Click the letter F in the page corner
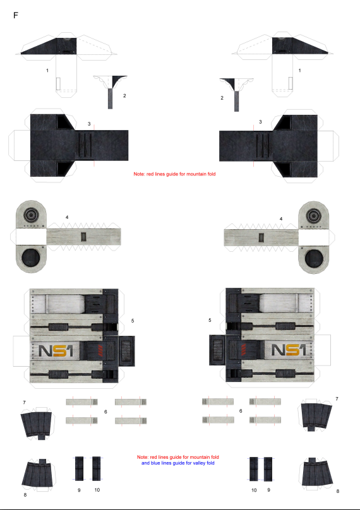[x=16, y=15]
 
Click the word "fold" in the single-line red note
[x=211, y=174]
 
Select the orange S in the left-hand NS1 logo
[x=57, y=351]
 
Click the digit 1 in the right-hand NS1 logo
[x=302, y=350]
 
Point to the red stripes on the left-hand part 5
[x=100, y=351]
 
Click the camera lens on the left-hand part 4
[x=32, y=215]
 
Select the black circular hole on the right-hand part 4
[x=314, y=259]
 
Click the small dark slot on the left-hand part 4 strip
[x=83, y=237]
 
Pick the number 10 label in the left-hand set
[x=97, y=490]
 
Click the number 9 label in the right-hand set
[x=269, y=490]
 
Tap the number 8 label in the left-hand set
[x=25, y=495]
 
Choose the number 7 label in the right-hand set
[x=337, y=399]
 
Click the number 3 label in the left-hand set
[x=89, y=124]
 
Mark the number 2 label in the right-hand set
[x=222, y=98]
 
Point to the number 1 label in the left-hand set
[x=47, y=70]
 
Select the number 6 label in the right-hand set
[x=241, y=411]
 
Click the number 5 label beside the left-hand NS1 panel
[x=133, y=321]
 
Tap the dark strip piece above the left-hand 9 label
[x=79, y=468]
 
